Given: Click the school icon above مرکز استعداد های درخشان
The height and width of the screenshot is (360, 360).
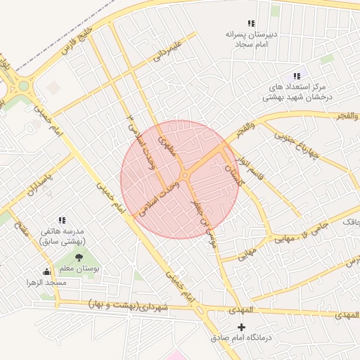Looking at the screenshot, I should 297,75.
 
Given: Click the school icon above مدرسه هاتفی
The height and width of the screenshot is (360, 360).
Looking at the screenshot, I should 62,220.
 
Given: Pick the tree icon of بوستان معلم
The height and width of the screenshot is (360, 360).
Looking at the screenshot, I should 78,257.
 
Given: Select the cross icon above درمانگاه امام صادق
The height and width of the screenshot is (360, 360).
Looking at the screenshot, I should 242,327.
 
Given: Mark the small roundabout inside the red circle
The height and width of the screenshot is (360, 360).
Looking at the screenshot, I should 184,175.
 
